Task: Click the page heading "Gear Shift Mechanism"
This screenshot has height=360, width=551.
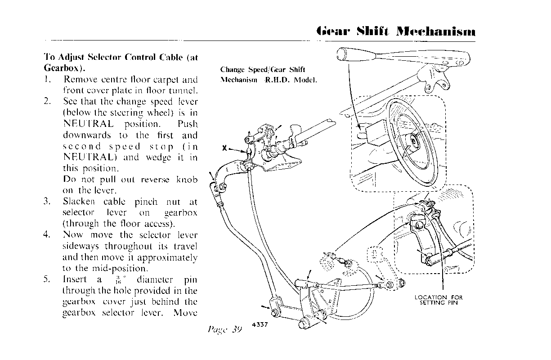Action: (396, 32)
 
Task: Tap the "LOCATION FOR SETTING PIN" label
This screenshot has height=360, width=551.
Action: (439, 300)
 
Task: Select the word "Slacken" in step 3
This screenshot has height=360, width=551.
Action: (79, 201)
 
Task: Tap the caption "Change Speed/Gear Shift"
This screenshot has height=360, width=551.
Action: (263, 69)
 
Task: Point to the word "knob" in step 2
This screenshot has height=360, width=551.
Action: (186, 180)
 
